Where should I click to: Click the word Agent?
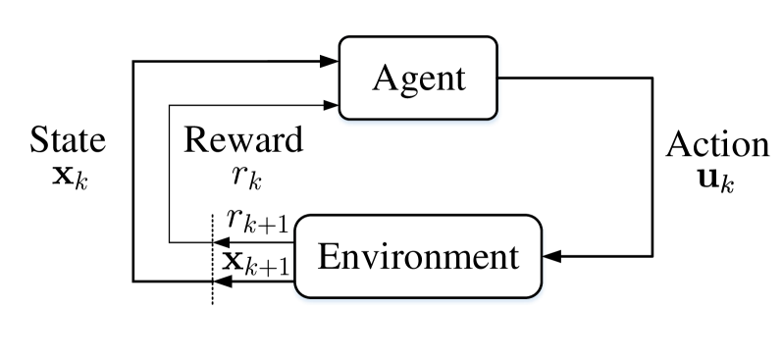pyautogui.click(x=418, y=78)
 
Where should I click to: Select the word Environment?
pyautogui.click(x=417, y=257)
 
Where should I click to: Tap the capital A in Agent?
pyautogui.click(x=385, y=77)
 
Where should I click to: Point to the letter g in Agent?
pyautogui.click(x=406, y=82)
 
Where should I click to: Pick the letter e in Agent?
pyautogui.click(x=424, y=80)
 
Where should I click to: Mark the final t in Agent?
pyautogui.click(x=457, y=78)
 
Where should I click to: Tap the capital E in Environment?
pyautogui.click(x=328, y=256)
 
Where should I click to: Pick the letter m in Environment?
pyautogui.click(x=447, y=259)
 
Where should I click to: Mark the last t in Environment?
pyautogui.click(x=510, y=257)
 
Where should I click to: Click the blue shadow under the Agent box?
pyautogui.click(x=418, y=124)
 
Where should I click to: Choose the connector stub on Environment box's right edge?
pyautogui.click(x=545, y=258)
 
